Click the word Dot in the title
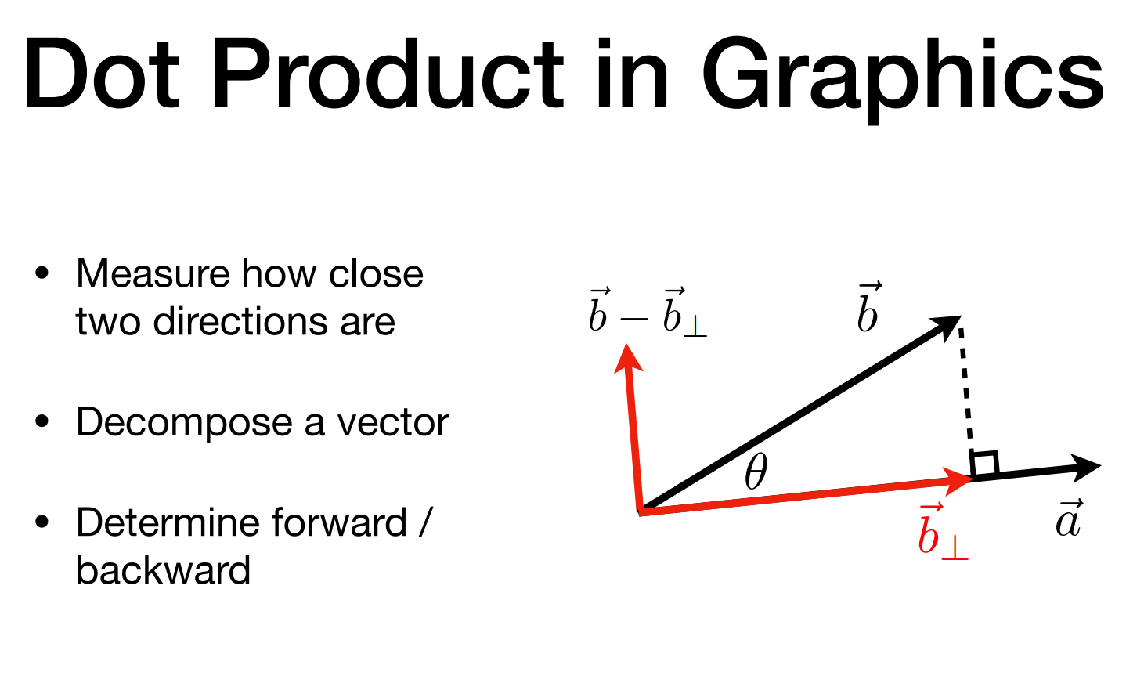pos(102,74)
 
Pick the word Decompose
pos(184,424)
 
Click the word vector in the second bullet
pos(393,423)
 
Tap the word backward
pos(163,570)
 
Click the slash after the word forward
pos(425,522)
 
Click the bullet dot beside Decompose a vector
pos(42,422)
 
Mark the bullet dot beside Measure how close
pos(42,274)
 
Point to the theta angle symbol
pos(756,472)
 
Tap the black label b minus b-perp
pos(648,313)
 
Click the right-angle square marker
pos(984,464)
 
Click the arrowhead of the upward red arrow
pos(628,358)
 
